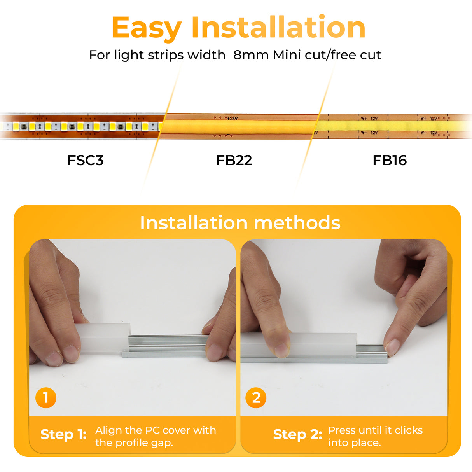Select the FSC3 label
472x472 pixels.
point(86,160)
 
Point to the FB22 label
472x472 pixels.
point(234,160)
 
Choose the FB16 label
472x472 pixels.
point(390,160)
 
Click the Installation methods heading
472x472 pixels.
point(240,223)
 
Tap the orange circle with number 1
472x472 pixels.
point(46,398)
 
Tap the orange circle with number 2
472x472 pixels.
point(256,398)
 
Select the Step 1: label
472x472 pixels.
point(63,434)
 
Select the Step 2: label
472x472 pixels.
point(297,434)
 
